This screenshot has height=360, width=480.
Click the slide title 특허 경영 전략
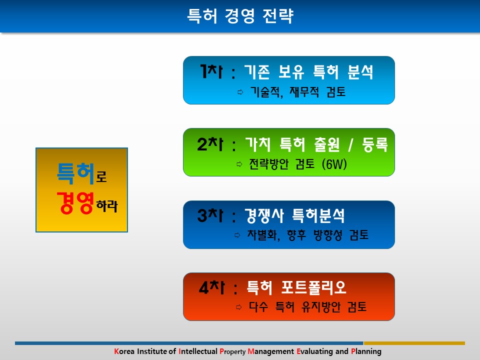click(x=240, y=16)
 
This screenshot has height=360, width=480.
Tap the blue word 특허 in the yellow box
click(x=75, y=173)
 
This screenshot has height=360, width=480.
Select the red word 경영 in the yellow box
click(x=75, y=202)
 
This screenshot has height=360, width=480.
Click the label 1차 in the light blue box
click(x=211, y=71)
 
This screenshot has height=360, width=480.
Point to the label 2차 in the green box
click(x=210, y=144)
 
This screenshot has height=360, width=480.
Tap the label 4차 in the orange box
click(x=211, y=287)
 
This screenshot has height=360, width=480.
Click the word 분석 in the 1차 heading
click(x=360, y=72)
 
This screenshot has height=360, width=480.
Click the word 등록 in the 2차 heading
click(x=375, y=144)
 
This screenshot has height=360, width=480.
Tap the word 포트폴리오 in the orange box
click(x=314, y=288)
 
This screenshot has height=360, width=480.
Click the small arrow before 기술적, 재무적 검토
click(x=240, y=92)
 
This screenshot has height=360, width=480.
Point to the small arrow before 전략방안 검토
click(x=239, y=164)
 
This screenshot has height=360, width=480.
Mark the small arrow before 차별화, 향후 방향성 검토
click(x=237, y=235)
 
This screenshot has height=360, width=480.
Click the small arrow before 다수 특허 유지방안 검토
click(x=239, y=307)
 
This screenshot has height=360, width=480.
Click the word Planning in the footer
click(x=366, y=351)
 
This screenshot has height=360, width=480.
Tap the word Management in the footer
click(x=271, y=351)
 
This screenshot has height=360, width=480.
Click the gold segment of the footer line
click(x=414, y=343)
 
